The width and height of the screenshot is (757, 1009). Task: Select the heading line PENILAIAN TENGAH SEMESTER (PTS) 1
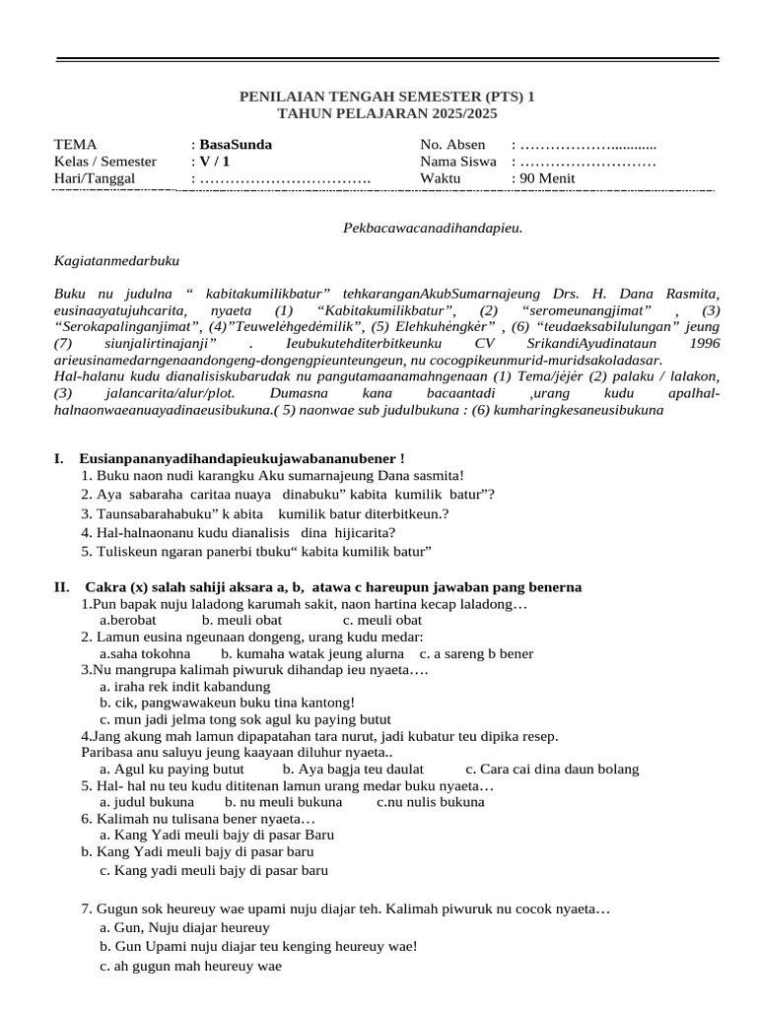[388, 97]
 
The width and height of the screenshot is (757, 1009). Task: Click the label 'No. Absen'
[452, 145]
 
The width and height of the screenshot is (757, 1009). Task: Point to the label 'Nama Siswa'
[456, 162]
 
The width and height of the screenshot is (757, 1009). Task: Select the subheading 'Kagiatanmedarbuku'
[116, 261]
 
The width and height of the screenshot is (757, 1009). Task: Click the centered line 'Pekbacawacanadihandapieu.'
[432, 229]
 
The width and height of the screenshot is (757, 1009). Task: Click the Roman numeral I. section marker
[60, 458]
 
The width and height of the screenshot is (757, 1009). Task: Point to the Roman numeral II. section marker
[62, 587]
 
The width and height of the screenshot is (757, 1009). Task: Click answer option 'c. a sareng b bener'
[476, 653]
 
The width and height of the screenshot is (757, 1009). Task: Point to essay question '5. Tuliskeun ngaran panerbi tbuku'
[257, 551]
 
